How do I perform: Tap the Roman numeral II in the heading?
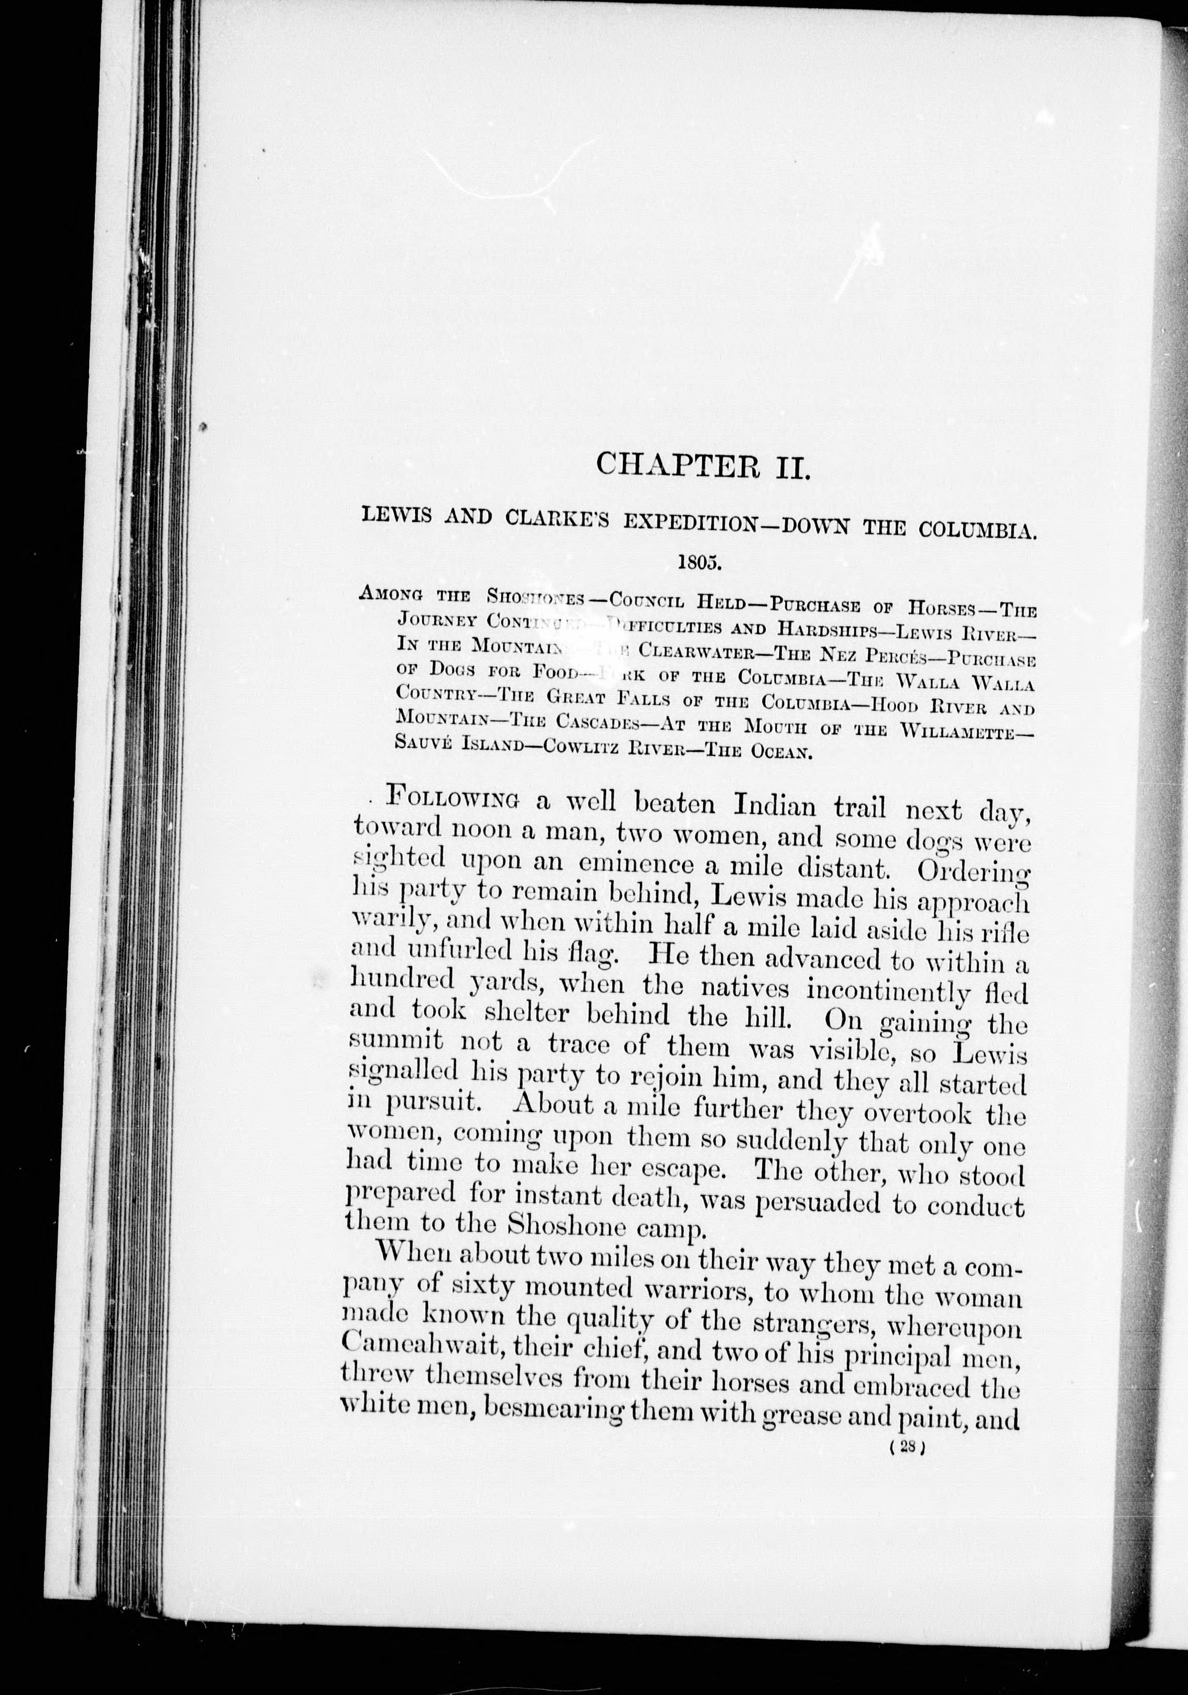(792, 467)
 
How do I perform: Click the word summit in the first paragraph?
(395, 1043)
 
